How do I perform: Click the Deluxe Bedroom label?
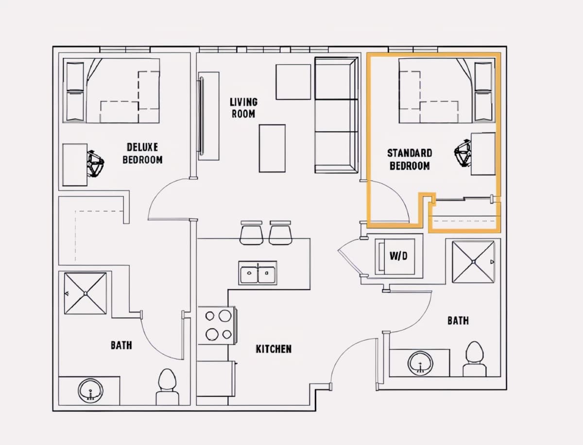click(142, 154)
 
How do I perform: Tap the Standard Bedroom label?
click(410, 159)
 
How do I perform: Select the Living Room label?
click(243, 108)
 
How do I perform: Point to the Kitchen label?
click(274, 349)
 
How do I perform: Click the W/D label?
click(399, 256)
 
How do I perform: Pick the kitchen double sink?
click(257, 273)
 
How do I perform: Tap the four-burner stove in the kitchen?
click(218, 325)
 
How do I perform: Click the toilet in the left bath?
click(167, 387)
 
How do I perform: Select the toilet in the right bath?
click(474, 359)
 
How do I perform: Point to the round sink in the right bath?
click(420, 363)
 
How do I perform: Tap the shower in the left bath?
click(85, 293)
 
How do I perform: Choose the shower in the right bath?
click(473, 262)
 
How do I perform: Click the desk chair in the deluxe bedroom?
click(95, 164)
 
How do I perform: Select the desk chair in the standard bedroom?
click(463, 153)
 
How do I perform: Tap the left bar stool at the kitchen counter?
click(251, 233)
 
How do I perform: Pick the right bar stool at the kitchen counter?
click(280, 233)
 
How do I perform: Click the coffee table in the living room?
click(272, 149)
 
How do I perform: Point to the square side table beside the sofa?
click(293, 82)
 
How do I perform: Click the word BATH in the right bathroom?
click(458, 321)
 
